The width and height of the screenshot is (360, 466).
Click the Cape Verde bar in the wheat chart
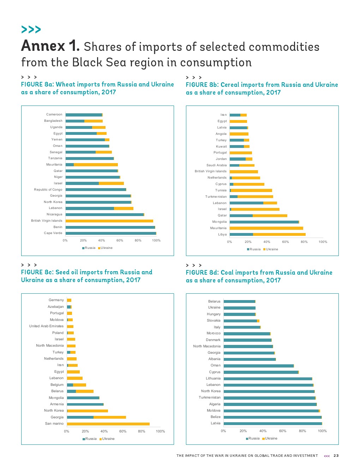pyautogui.click(x=111, y=233)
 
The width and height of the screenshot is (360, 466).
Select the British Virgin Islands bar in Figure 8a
pyautogui.click(x=109, y=221)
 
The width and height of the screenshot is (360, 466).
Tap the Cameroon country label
pyautogui.click(x=54, y=114)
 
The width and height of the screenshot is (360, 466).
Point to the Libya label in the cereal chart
pyautogui.click(x=222, y=234)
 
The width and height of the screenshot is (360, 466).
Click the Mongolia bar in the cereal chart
pyautogui.click(x=264, y=222)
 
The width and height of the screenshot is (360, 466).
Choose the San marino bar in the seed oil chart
pyautogui.click(x=108, y=424)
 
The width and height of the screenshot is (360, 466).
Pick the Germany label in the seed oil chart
pyautogui.click(x=56, y=300)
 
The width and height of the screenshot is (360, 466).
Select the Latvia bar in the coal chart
pyautogui.click(x=273, y=424)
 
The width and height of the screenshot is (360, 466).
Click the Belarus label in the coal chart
pyautogui.click(x=214, y=301)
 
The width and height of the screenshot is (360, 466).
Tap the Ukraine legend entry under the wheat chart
pyautogui.click(x=106, y=248)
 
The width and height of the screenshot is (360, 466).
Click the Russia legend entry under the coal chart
pyautogui.click(x=254, y=438)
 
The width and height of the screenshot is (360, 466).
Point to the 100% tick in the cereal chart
pyautogui.click(x=323, y=242)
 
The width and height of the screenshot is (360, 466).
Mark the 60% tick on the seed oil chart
pyautogui.click(x=123, y=431)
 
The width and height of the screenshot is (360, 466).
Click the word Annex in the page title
pyautogui.click(x=43, y=46)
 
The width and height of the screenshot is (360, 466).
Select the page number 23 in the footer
pyautogui.click(x=336, y=456)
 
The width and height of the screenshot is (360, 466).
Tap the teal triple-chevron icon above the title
pyautogui.click(x=31, y=29)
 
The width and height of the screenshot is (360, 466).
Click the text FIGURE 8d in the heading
pyautogui.click(x=202, y=273)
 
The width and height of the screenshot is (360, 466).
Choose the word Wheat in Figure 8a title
pyautogui.click(x=65, y=84)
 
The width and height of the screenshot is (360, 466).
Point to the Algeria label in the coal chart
pyautogui.click(x=215, y=404)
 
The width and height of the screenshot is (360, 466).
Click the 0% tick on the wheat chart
pyautogui.click(x=65, y=240)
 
